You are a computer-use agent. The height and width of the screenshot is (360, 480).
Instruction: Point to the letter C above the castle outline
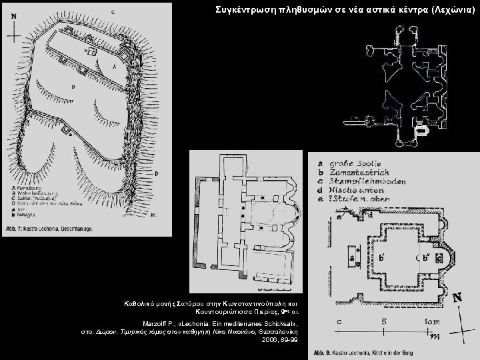(111, 11)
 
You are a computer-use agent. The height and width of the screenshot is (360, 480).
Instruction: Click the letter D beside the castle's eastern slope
(156, 174)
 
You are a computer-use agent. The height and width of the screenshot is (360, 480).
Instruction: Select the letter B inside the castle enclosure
(73, 87)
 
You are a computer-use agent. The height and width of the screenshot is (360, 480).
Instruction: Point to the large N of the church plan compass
(458, 299)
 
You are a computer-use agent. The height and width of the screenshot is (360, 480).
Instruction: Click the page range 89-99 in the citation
(289, 339)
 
